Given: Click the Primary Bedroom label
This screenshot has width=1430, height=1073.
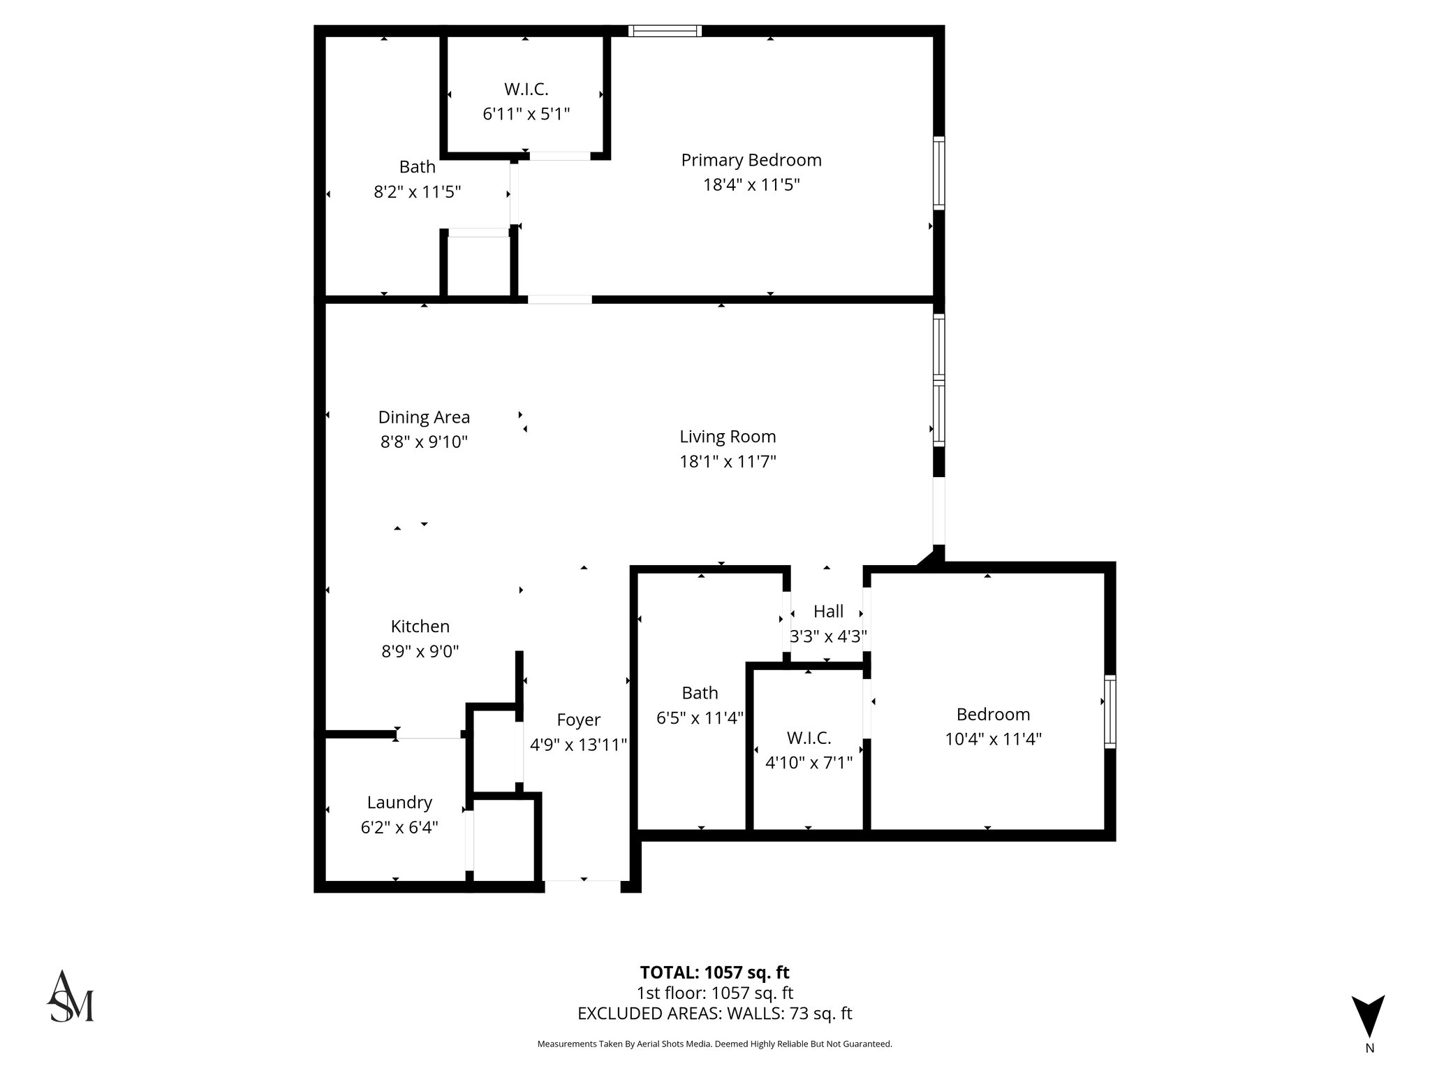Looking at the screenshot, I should pos(751,160).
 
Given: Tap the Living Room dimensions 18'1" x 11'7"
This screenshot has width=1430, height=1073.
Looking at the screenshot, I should pos(728,462).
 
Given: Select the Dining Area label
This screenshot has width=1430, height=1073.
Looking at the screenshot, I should pos(424,417).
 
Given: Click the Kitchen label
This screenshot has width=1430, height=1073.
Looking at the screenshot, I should pos(420,627).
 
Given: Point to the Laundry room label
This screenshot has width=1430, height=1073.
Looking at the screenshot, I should pos(399,803).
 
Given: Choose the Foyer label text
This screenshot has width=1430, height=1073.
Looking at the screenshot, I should pos(578,720).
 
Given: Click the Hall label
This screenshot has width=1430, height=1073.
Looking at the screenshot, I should pos(828,612).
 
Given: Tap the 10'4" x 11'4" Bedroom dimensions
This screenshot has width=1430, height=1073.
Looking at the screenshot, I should pos(993,739).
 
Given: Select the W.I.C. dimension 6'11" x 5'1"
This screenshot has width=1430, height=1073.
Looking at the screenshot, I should pos(526,114).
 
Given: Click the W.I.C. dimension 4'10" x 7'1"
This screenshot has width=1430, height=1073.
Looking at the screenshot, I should pos(809,763).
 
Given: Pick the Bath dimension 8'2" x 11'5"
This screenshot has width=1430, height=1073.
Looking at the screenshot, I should pos(417,192).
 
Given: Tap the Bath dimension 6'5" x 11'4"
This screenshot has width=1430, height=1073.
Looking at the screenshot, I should pos(700,718).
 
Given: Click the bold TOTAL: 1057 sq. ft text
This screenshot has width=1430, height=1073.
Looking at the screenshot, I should pos(714,972).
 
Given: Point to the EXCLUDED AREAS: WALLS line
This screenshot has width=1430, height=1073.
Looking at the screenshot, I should pos(714,1014).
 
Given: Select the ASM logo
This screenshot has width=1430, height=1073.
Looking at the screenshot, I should pos(70,997).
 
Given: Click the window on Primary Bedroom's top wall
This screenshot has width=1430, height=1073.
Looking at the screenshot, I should pos(664,31).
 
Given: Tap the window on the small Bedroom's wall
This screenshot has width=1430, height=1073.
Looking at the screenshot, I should pos(1110,712).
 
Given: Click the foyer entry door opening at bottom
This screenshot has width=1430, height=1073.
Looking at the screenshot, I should pos(582,886).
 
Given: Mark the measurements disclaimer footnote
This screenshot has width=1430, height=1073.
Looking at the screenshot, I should pos(714,1044).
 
